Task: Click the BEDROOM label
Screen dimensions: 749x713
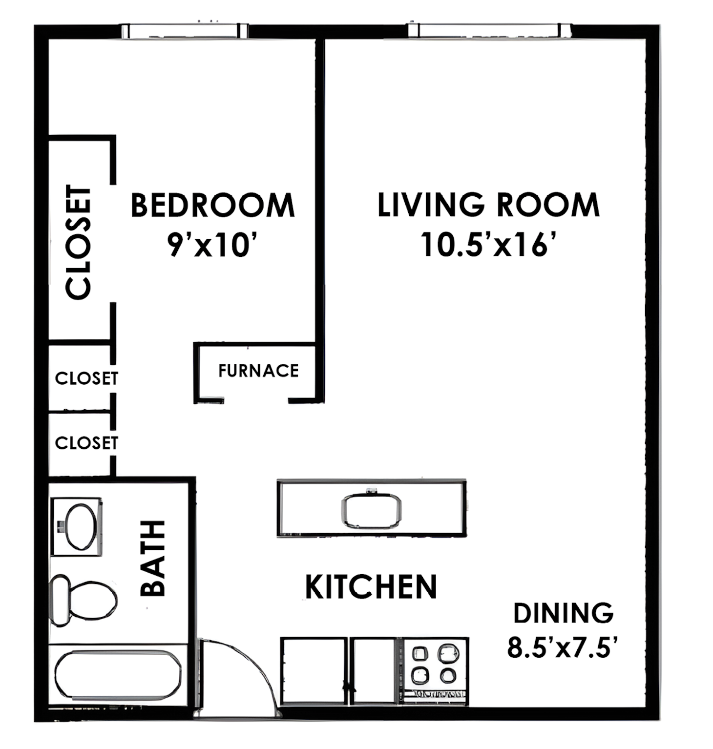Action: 212,206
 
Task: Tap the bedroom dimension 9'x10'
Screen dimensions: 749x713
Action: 212,245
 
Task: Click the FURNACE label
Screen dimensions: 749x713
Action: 258,371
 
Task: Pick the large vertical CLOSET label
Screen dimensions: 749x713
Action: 79,242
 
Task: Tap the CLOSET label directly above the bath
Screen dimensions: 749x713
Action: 86,443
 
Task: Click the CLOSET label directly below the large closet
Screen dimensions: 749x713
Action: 86,378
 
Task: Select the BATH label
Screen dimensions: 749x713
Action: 153,558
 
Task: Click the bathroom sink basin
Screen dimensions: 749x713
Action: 81,527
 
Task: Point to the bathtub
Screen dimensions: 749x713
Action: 117,675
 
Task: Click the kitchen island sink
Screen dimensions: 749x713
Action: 371,510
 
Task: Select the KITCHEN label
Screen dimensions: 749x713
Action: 371,586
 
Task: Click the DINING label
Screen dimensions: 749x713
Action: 563,613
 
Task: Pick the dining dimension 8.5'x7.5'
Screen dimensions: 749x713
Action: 563,648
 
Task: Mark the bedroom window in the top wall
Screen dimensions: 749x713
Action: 184,31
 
